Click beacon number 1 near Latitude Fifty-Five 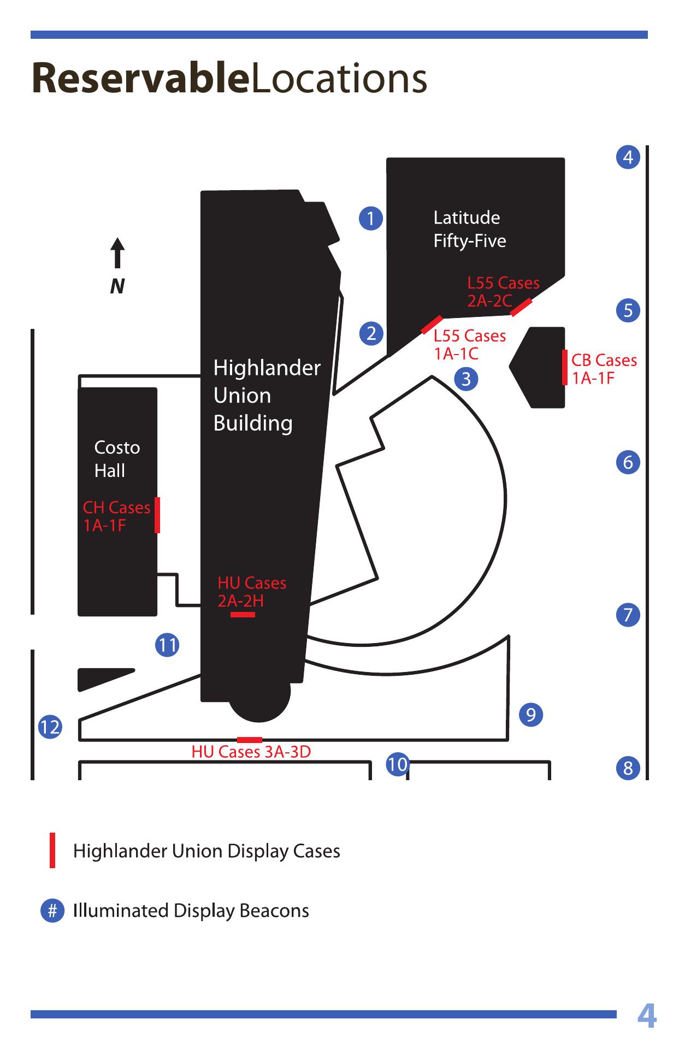(x=371, y=219)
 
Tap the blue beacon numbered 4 (x=628, y=157)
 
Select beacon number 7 (x=628, y=615)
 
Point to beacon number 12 (x=50, y=727)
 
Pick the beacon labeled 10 (x=398, y=763)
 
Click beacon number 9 (x=531, y=715)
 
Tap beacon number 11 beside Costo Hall (x=167, y=645)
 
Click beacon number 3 (x=466, y=379)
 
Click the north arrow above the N (x=117, y=252)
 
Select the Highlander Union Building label (x=267, y=395)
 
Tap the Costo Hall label (x=117, y=459)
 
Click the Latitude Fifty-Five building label (x=470, y=229)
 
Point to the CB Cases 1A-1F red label (x=604, y=369)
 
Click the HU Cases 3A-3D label (x=251, y=752)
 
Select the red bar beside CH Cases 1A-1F (x=157, y=515)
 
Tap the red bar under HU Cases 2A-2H (x=243, y=615)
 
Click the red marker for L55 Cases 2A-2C (x=521, y=308)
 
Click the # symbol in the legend (x=52, y=911)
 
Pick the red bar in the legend (x=52, y=850)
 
